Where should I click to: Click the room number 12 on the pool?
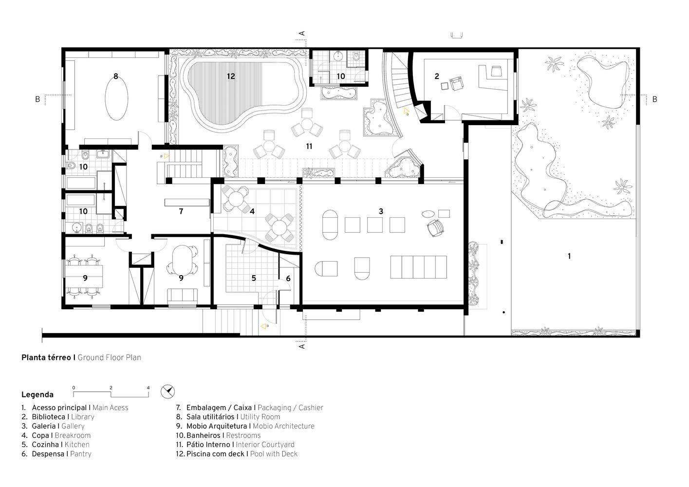pyautogui.click(x=231, y=76)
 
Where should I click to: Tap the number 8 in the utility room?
pyautogui.click(x=116, y=76)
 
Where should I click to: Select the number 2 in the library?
pyautogui.click(x=436, y=76)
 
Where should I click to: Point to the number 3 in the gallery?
pyautogui.click(x=381, y=211)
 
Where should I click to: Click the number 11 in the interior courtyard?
pyautogui.click(x=309, y=146)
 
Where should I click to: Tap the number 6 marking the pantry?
pyautogui.click(x=288, y=279)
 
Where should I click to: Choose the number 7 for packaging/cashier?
pyautogui.click(x=181, y=211)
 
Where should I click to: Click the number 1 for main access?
pyautogui.click(x=569, y=256)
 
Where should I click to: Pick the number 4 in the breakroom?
pyautogui.click(x=252, y=211)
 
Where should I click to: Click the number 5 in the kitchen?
pyautogui.click(x=254, y=278)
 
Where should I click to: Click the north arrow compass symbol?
pyautogui.click(x=168, y=392)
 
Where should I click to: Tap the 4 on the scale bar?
pyautogui.click(x=148, y=388)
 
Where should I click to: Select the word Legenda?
pyautogui.click(x=37, y=394)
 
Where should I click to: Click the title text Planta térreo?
pyautogui.click(x=46, y=357)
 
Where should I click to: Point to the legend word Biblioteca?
pyautogui.click(x=48, y=417)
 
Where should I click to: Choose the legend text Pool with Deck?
pyautogui.click(x=274, y=454)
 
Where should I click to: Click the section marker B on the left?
pyautogui.click(x=37, y=99)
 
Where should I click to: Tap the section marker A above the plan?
pyautogui.click(x=302, y=33)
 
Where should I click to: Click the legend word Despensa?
pyautogui.click(x=48, y=454)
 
